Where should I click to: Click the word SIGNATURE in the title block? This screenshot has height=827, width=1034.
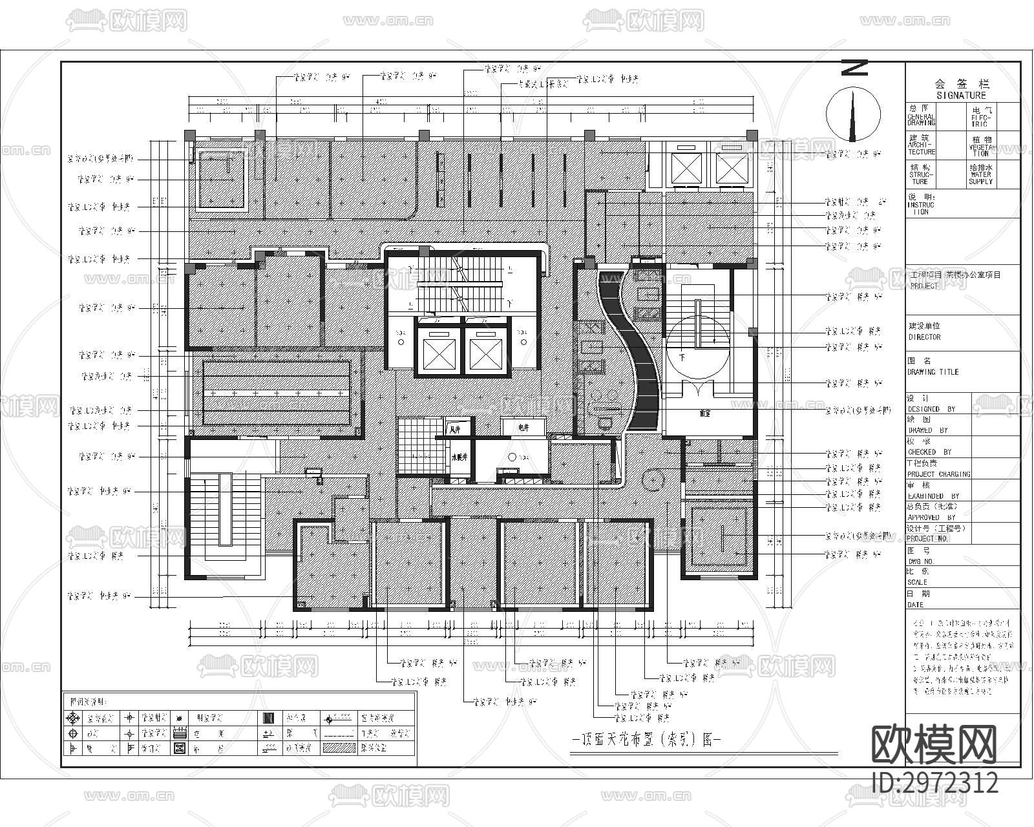tap(962, 95)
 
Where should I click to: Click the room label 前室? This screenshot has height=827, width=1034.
tap(705, 413)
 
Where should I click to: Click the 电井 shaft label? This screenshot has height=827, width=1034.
tap(523, 428)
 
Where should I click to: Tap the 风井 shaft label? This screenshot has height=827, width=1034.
tap(454, 428)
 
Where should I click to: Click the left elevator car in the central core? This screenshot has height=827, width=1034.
tap(439, 353)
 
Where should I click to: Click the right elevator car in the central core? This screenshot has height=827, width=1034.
tap(485, 353)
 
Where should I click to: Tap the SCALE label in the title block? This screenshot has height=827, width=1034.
tap(917, 582)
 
